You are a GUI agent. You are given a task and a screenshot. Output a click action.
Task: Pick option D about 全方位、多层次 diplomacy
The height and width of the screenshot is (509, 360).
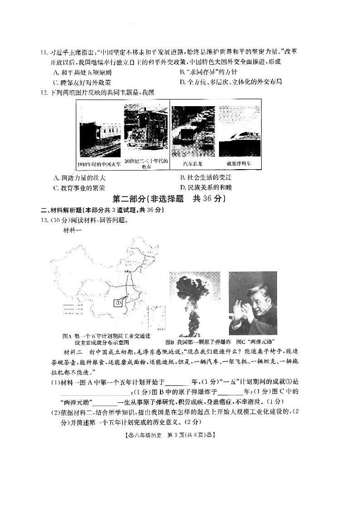pyautogui.click(x=231, y=82)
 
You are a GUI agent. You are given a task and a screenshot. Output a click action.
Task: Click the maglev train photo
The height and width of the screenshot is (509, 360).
pyautogui.click(x=238, y=132)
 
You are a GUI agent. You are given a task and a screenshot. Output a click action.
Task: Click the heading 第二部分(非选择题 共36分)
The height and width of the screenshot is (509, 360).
pyautogui.click(x=168, y=199)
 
